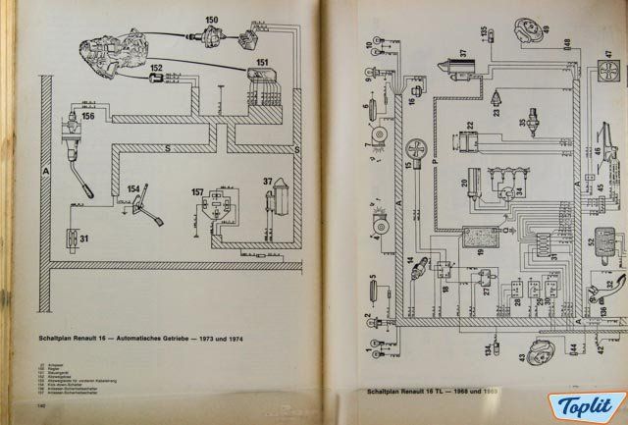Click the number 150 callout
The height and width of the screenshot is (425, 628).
tap(211, 21)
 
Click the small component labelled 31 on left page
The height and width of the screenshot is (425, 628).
tap(72, 237)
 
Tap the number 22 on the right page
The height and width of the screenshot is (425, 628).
tap(470, 125)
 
